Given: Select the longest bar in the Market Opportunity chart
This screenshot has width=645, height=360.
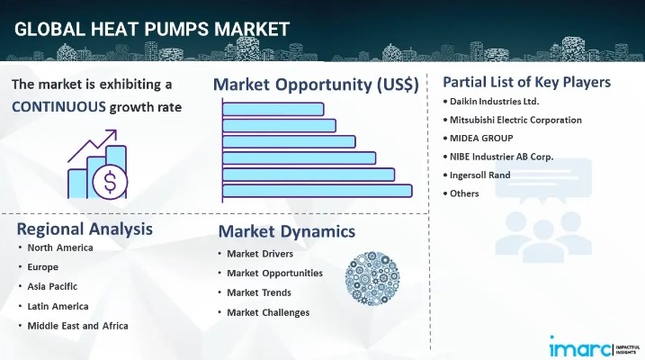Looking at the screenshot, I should (317, 190).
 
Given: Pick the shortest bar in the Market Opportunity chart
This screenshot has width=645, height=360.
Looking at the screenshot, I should (273, 109).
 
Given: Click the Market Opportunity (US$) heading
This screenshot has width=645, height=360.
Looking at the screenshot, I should (316, 85).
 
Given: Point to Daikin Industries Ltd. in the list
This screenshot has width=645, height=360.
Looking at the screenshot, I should (494, 102).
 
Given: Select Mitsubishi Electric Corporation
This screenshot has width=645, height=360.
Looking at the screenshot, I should (516, 120).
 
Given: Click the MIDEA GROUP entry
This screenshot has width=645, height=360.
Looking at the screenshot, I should (482, 138).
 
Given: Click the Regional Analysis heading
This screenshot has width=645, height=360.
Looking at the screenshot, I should (84, 228).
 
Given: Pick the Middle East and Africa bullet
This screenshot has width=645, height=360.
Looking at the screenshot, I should (77, 325).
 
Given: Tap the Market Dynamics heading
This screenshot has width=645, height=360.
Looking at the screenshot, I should (286, 231).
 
